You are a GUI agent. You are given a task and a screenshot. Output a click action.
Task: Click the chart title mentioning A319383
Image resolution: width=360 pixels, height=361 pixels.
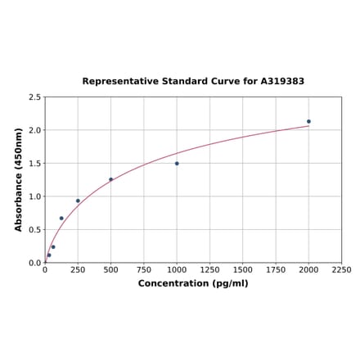click(x=193, y=82)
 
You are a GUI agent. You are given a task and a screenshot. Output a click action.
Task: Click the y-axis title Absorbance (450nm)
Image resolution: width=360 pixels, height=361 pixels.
click(x=19, y=179)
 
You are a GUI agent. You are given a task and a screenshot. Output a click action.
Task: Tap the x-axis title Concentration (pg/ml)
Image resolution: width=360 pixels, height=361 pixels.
click(x=193, y=283)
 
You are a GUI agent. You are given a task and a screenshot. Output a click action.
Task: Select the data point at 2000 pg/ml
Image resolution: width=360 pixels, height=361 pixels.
click(x=308, y=121)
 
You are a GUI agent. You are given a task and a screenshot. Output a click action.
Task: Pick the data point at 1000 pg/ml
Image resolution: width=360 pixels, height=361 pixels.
click(x=177, y=163)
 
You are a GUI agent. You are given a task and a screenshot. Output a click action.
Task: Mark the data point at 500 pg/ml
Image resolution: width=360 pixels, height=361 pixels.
click(x=111, y=179)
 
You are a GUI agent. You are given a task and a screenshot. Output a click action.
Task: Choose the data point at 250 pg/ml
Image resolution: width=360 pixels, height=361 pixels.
click(x=78, y=201)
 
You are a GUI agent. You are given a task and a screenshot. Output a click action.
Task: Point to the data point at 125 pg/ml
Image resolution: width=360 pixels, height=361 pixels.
click(x=61, y=219)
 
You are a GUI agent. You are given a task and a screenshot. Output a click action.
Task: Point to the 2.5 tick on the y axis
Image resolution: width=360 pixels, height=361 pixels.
click(x=35, y=97)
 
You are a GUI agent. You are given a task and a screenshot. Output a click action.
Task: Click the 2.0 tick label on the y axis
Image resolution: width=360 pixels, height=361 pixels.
click(x=35, y=130)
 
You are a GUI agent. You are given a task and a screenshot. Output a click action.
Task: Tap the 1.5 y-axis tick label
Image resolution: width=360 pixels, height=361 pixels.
click(x=35, y=164)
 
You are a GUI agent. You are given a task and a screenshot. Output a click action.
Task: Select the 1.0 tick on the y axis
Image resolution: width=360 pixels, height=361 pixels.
click(x=35, y=196)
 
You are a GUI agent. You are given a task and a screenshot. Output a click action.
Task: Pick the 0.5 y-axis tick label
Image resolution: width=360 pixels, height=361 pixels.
click(x=35, y=230)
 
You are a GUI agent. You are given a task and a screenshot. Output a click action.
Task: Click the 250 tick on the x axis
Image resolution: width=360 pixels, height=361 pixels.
click(x=78, y=269)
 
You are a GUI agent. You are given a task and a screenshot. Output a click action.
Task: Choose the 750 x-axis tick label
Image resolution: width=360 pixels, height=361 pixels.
click(x=144, y=269)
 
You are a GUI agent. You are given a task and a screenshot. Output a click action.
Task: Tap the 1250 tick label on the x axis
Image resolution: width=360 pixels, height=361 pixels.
click(x=209, y=269)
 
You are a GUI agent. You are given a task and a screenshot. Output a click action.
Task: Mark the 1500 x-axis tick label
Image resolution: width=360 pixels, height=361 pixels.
click(x=243, y=269)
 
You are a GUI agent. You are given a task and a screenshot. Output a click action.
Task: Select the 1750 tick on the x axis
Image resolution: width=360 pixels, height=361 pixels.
click(x=276, y=269)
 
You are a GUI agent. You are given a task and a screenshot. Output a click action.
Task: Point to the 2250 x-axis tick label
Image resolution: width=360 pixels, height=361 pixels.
click(x=341, y=269)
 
